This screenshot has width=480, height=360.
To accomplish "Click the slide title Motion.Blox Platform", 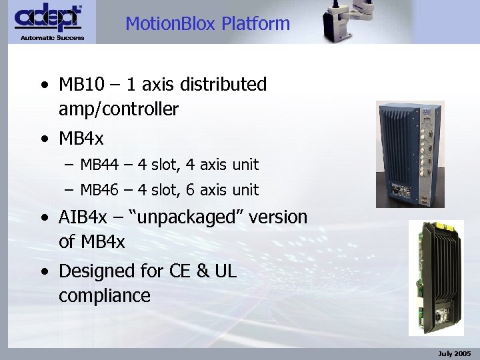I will pyautogui.click(x=207, y=25).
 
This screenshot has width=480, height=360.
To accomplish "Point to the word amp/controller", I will pyautogui.click(x=118, y=109).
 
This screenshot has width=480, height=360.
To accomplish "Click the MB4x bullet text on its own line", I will pyautogui.click(x=81, y=139).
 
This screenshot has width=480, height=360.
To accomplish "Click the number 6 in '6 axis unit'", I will pyautogui.click(x=191, y=190).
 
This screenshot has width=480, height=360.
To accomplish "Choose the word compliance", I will pyautogui.click(x=104, y=295).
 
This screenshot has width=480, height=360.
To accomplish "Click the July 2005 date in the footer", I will pyautogui.click(x=455, y=353).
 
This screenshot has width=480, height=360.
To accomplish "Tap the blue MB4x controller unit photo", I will pyautogui.click(x=409, y=154).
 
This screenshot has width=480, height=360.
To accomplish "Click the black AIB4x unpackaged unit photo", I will pyautogui.click(x=436, y=277).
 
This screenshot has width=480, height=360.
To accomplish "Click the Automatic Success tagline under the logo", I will pyautogui.click(x=52, y=37).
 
